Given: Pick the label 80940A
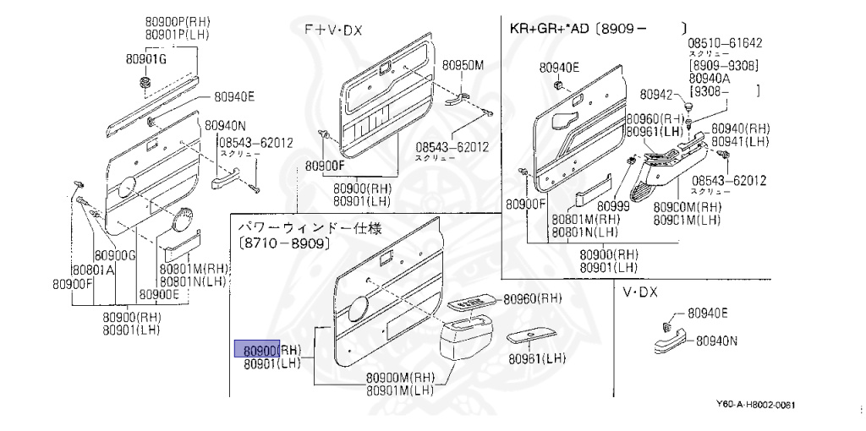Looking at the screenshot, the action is click(x=710, y=77).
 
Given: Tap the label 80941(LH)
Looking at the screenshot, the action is click(x=738, y=141).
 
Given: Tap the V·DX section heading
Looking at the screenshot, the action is click(x=639, y=292).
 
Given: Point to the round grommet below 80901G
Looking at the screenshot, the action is click(x=144, y=83).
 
